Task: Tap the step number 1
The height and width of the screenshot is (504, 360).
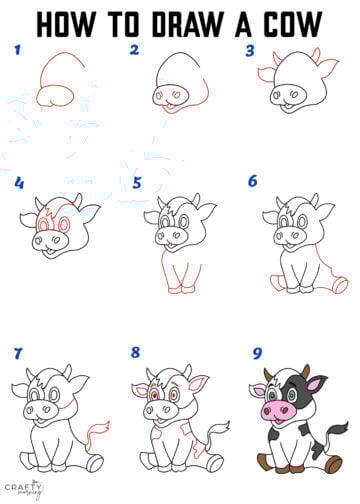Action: [x=17, y=50]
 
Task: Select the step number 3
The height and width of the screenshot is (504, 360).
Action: [x=251, y=50]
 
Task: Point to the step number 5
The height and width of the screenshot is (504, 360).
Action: [x=137, y=183]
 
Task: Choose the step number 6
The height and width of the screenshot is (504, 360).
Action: [x=253, y=182]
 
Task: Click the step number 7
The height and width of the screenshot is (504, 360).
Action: [x=17, y=353]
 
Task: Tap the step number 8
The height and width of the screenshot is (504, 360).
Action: [x=135, y=353]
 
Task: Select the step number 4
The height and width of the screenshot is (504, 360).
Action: [x=18, y=183]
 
